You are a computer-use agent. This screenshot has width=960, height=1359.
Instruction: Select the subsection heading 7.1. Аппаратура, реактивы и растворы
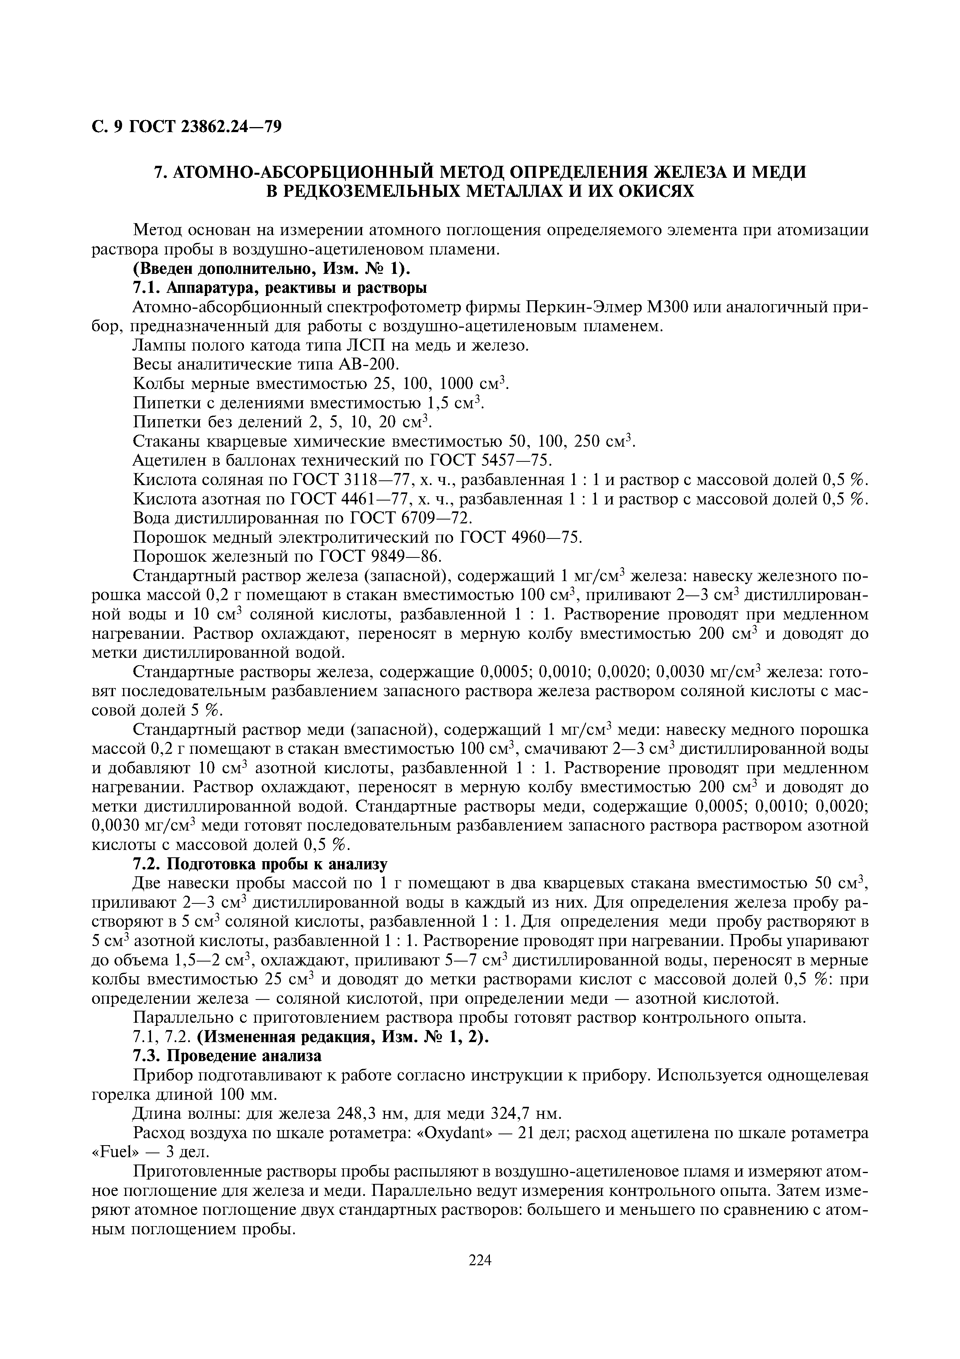(278, 288)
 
